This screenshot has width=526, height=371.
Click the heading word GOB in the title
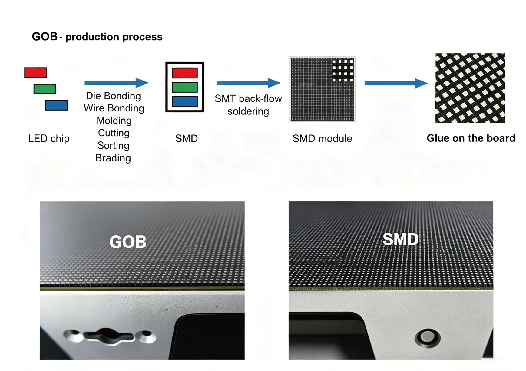[x=45, y=37]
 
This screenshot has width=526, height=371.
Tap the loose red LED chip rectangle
[x=36, y=73]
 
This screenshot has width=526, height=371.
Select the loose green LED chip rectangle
[x=45, y=89]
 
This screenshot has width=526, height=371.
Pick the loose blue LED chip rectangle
[x=57, y=105]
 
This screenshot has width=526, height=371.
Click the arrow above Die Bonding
[x=117, y=82]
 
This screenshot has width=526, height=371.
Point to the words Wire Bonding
[x=114, y=108]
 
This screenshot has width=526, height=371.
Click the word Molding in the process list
[x=114, y=121]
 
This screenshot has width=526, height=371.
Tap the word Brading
[x=113, y=158]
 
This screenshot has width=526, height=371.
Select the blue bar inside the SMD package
[x=185, y=101]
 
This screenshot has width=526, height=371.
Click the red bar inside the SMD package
[x=185, y=73]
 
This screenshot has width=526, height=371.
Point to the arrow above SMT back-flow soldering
[x=249, y=83]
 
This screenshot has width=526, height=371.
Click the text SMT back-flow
[x=248, y=98]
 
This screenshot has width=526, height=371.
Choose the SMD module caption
[x=322, y=138]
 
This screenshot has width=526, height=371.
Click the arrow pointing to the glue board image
[x=396, y=83]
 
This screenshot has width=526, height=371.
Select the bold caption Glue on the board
[x=471, y=138]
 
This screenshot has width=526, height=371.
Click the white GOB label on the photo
[x=128, y=242]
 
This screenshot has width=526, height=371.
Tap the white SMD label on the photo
[x=401, y=239]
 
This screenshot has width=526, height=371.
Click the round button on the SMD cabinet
[x=427, y=337]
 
